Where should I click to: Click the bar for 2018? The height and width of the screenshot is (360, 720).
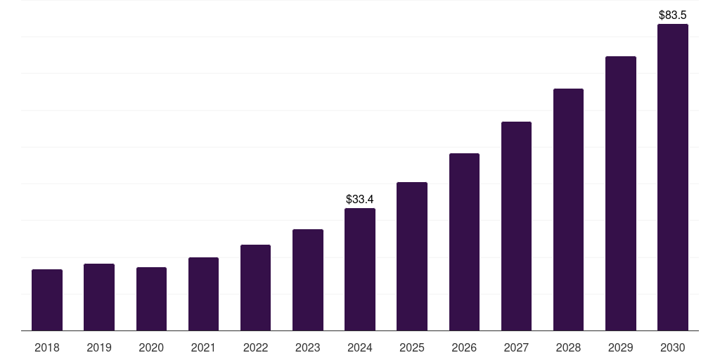47,300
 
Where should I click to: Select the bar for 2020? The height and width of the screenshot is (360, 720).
151,299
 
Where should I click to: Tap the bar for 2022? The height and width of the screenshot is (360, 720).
255,288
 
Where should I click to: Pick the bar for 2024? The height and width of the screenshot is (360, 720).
360,269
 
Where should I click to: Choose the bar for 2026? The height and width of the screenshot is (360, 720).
464,242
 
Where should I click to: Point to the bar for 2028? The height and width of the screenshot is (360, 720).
568,210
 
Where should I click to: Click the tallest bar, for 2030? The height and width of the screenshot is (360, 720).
673,177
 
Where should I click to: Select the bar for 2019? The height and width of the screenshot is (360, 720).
99,297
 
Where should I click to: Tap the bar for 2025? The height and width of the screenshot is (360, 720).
412,257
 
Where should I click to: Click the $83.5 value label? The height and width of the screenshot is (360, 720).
673,15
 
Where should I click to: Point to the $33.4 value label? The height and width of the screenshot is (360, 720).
360,200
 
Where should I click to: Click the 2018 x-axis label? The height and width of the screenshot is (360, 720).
47,348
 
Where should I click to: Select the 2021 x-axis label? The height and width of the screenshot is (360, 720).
203,348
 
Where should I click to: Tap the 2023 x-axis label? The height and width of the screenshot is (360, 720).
308,348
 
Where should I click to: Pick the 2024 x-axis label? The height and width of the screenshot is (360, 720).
360,348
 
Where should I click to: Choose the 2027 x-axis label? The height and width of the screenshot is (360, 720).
516,348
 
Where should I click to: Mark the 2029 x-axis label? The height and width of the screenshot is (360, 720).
621,348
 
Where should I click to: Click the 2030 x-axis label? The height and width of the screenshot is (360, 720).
673,348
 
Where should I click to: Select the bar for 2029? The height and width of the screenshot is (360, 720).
621,193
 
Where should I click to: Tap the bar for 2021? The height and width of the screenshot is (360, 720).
203,294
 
